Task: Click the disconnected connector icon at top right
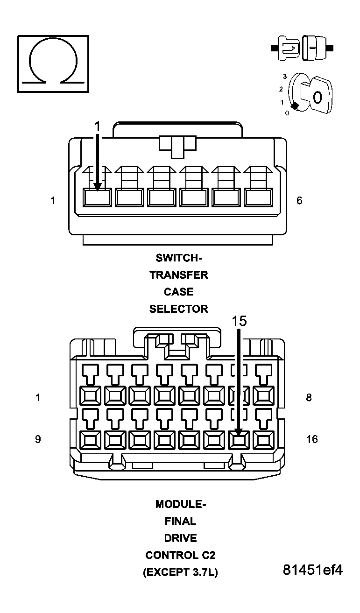[302, 48]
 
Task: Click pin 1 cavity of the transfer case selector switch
[97, 197]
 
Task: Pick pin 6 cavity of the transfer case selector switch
[258, 197]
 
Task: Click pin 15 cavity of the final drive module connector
[239, 439]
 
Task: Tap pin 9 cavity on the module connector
[91, 439]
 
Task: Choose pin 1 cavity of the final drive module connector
[91, 396]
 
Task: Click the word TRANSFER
[179, 275]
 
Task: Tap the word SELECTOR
[179, 309]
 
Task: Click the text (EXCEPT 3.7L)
[180, 573]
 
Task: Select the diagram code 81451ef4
[312, 570]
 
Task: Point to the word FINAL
[180, 521]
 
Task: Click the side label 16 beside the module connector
[312, 439]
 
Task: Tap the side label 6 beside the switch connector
[299, 200]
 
